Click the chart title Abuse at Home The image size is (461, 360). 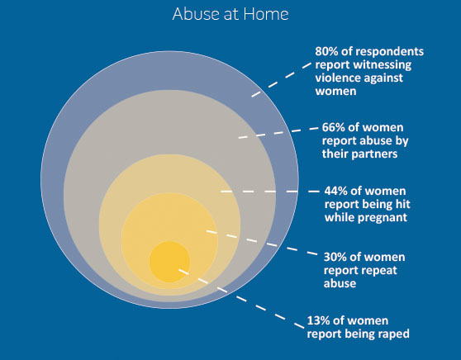point(230,14)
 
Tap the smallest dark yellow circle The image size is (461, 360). point(169,262)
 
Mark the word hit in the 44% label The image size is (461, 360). point(404,204)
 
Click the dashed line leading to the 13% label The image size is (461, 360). point(241,298)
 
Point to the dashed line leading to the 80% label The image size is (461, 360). point(282,79)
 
